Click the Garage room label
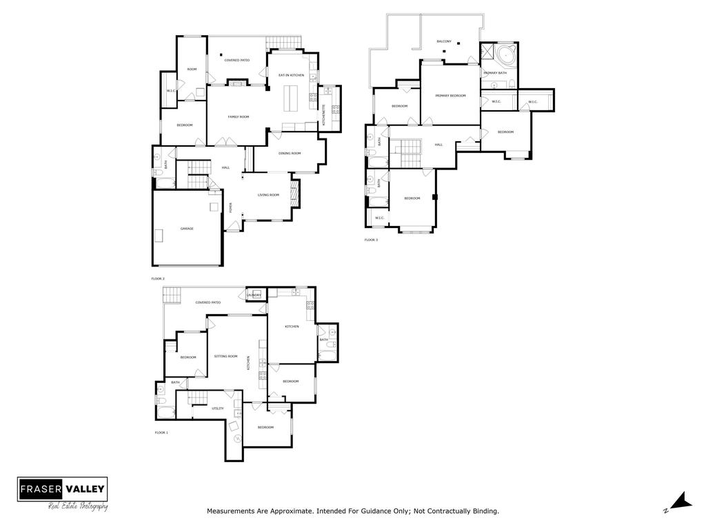pos(186,228)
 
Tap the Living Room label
pos(268,196)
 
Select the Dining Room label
pos(290,154)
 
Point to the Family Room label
pos(239,117)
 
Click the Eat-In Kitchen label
pos(291,75)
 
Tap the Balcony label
pos(444,42)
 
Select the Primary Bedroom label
pos(450,96)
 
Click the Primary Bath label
pos(495,73)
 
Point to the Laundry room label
pos(254,295)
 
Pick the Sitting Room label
pos(226,357)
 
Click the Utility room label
pos(218,408)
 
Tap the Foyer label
pos(231,207)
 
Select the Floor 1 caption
pos(161,433)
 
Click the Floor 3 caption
pos(371,240)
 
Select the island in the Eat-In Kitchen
pos(290,97)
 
